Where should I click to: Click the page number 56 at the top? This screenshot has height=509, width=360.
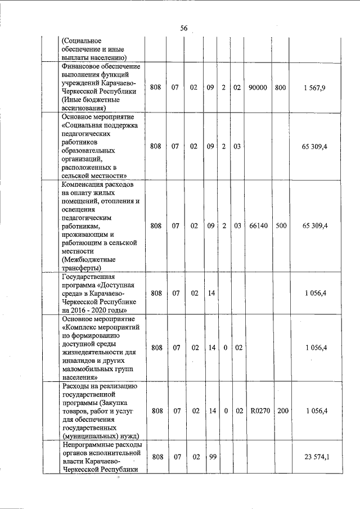click(184, 28)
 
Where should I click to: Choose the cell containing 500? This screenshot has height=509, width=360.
click(281, 226)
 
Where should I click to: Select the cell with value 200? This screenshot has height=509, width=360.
click(282, 411)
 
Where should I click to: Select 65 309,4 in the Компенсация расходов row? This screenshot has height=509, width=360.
click(316, 226)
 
